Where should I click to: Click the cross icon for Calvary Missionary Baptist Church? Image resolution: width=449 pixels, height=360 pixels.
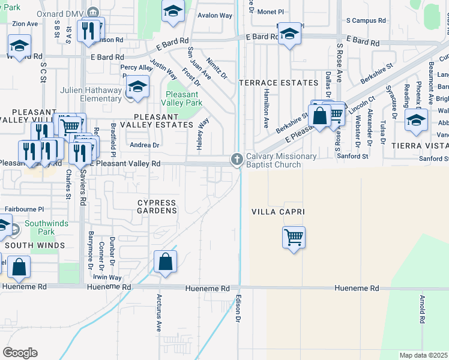click(237, 159)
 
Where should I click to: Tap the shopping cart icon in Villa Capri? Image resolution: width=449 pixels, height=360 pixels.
click(294, 237)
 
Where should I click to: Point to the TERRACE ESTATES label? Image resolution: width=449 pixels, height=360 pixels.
click(278, 83)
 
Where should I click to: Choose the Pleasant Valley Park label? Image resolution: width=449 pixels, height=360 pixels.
click(182, 98)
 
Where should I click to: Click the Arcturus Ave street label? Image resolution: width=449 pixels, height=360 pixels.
click(159, 312)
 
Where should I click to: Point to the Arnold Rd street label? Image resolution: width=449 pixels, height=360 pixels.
click(423, 310)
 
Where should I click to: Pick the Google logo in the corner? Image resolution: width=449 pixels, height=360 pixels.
click(20, 352)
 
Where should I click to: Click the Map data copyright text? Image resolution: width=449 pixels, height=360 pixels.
click(423, 355)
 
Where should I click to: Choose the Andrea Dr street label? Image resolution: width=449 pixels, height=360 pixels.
click(145, 145)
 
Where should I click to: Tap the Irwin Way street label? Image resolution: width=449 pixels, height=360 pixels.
click(107, 278)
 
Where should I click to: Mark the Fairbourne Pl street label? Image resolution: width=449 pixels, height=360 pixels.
click(25, 209)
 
